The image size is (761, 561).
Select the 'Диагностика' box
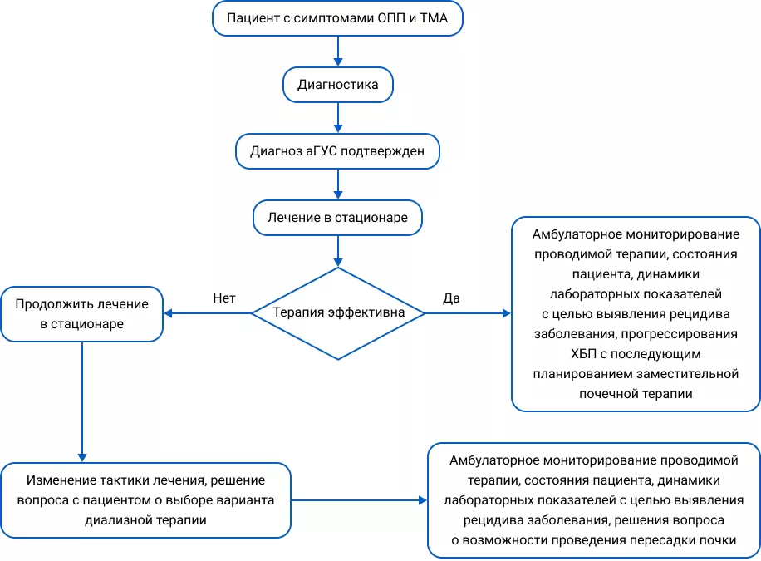click(x=337, y=85)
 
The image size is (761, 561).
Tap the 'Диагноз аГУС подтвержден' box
click(x=337, y=151)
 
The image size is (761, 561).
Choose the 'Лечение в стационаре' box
click(x=337, y=218)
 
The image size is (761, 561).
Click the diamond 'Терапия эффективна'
click(x=337, y=313)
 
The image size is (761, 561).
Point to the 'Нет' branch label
click(x=224, y=297)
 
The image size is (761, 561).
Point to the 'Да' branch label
click(x=451, y=297)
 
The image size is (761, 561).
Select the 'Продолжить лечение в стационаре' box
click(x=81, y=314)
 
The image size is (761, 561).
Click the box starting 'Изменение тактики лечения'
click(x=145, y=500)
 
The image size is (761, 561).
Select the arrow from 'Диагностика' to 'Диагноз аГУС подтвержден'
click(x=337, y=118)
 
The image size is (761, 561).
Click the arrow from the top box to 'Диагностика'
click(x=337, y=52)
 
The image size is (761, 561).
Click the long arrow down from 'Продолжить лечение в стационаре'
click(x=81, y=399)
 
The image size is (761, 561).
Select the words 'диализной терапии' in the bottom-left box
click(x=145, y=520)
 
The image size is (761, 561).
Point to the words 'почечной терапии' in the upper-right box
click(x=636, y=393)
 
